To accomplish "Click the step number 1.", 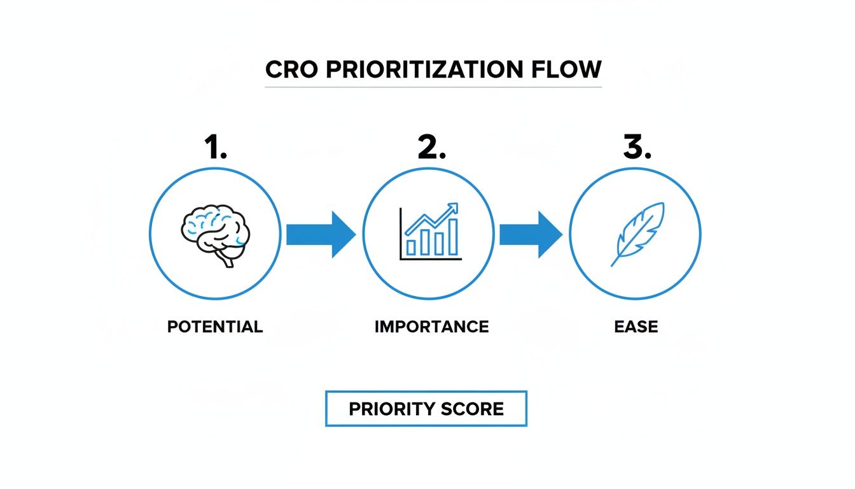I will (x=214, y=147).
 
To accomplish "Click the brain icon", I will (x=215, y=233).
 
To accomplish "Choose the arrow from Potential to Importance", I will (x=321, y=234).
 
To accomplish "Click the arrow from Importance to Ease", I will (x=531, y=234).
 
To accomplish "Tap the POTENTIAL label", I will (x=215, y=327).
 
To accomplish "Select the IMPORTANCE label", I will (x=431, y=327).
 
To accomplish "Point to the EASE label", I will (x=636, y=327).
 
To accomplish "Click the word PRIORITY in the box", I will (x=389, y=409).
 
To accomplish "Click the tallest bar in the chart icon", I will (x=452, y=237).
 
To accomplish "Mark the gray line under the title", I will (x=433, y=87).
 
